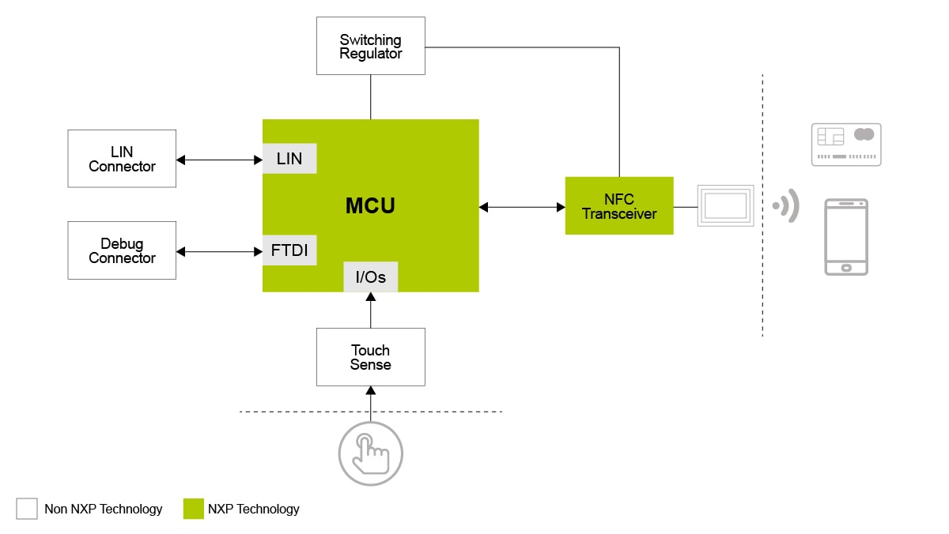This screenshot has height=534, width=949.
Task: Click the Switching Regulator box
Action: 370,47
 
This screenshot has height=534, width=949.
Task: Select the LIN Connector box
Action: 122,159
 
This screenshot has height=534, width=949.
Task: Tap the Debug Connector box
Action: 122,250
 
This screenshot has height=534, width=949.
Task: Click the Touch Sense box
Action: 370,357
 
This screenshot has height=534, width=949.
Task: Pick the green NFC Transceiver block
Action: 619,206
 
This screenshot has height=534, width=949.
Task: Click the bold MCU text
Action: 370,206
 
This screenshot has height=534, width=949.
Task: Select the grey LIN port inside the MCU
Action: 289,159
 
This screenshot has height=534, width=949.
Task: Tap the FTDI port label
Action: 289,252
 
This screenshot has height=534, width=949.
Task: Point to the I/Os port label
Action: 370,277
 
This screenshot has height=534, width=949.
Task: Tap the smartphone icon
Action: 846,237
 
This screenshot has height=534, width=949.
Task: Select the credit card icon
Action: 846,145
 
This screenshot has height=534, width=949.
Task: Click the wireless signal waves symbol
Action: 787,206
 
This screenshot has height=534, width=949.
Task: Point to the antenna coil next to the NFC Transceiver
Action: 725,206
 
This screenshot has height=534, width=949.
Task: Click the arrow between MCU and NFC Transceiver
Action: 522,207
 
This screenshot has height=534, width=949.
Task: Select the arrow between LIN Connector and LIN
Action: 219,160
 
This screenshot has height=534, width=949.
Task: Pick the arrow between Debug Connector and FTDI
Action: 219,252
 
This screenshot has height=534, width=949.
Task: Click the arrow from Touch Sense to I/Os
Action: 370,310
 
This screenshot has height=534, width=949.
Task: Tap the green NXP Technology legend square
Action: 194,509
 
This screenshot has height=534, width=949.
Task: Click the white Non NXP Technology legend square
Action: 27,509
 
